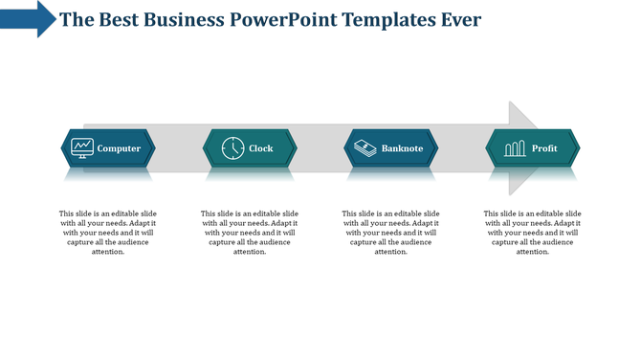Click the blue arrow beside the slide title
(29, 18)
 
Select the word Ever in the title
(461, 20)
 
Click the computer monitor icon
(82, 148)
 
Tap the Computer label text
(119, 148)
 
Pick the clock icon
(232, 148)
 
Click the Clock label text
(260, 148)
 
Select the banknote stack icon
(365, 148)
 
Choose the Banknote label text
(402, 148)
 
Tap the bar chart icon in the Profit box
(515, 148)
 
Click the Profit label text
(544, 148)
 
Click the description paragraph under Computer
(107, 233)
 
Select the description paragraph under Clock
(249, 233)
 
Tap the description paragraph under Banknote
(390, 233)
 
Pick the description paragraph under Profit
(532, 233)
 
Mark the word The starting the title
(76, 20)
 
